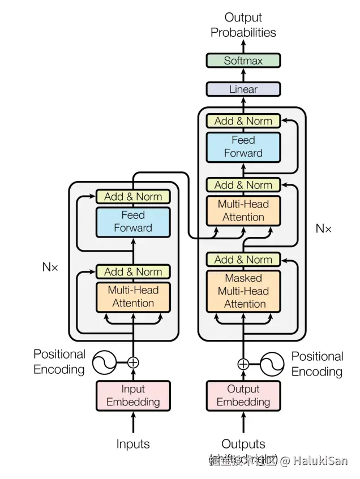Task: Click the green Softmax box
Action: click(x=243, y=61)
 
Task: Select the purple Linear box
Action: click(x=243, y=89)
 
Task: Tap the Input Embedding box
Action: click(x=133, y=395)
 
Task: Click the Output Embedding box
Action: click(x=243, y=395)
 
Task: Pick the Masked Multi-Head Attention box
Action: click(x=243, y=291)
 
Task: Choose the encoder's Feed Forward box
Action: click(x=133, y=222)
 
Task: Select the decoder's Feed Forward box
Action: click(x=243, y=146)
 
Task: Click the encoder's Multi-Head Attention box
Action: click(x=133, y=296)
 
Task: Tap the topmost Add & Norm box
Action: click(x=243, y=121)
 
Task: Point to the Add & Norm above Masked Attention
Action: click(x=243, y=260)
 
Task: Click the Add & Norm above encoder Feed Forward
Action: click(x=133, y=197)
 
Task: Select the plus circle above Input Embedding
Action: click(x=133, y=363)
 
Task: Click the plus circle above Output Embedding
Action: click(x=243, y=364)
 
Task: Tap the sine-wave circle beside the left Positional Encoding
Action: click(x=104, y=363)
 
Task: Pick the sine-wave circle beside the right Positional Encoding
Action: click(x=272, y=364)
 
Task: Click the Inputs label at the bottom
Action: click(x=133, y=444)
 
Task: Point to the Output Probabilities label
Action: click(x=243, y=25)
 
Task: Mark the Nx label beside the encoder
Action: click(x=50, y=266)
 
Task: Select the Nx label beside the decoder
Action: click(x=323, y=228)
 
